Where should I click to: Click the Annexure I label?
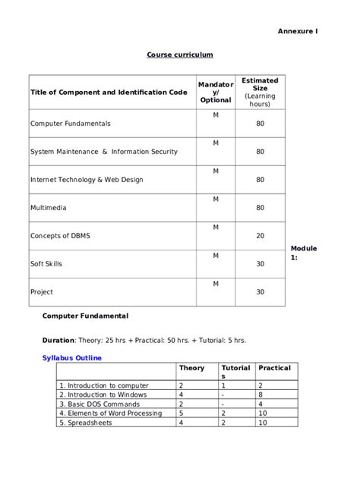pyautogui.click(x=297, y=30)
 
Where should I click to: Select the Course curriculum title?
pyautogui.click(x=180, y=55)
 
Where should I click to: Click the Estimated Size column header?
pyautogui.click(x=260, y=92)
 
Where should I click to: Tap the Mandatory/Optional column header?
pyautogui.click(x=216, y=93)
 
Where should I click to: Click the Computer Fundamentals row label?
pyautogui.click(x=71, y=123)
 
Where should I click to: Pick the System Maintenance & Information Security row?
pyautogui.click(x=104, y=151)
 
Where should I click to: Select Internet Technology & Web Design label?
pyautogui.click(x=87, y=180)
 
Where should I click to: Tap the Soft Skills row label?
pyautogui.click(x=46, y=263)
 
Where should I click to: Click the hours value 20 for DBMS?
pyautogui.click(x=261, y=235)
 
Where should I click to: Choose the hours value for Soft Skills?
pyautogui.click(x=261, y=263)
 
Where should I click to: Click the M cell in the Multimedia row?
pyautogui.click(x=216, y=199)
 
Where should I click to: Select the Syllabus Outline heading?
pyautogui.click(x=72, y=357)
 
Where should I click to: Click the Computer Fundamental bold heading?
pyautogui.click(x=85, y=315)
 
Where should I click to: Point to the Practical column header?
pyautogui.click(x=274, y=368)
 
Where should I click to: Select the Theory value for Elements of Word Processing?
pyautogui.click(x=181, y=413)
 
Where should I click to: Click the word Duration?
pyautogui.click(x=58, y=340)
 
